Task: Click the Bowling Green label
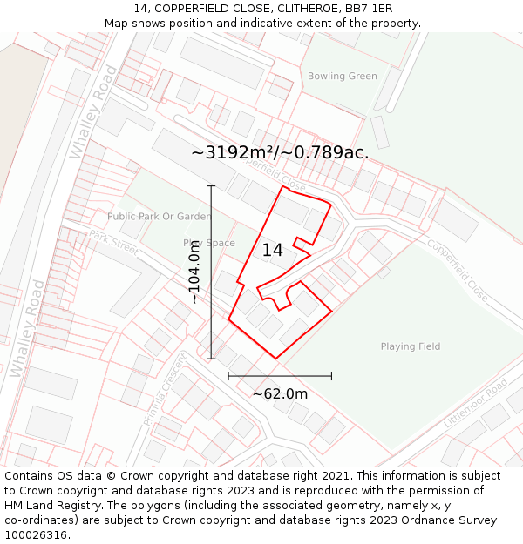(343, 77)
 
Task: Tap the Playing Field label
(410, 346)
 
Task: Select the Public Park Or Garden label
(159, 216)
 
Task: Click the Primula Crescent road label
(166, 389)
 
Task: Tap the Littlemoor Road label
(475, 403)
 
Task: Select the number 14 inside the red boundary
(272, 251)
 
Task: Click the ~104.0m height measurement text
(194, 272)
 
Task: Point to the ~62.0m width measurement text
(280, 394)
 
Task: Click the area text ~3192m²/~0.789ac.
(280, 152)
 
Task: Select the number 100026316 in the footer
(36, 535)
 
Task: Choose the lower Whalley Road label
(27, 328)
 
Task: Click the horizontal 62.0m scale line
(280, 376)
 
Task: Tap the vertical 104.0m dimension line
(211, 272)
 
